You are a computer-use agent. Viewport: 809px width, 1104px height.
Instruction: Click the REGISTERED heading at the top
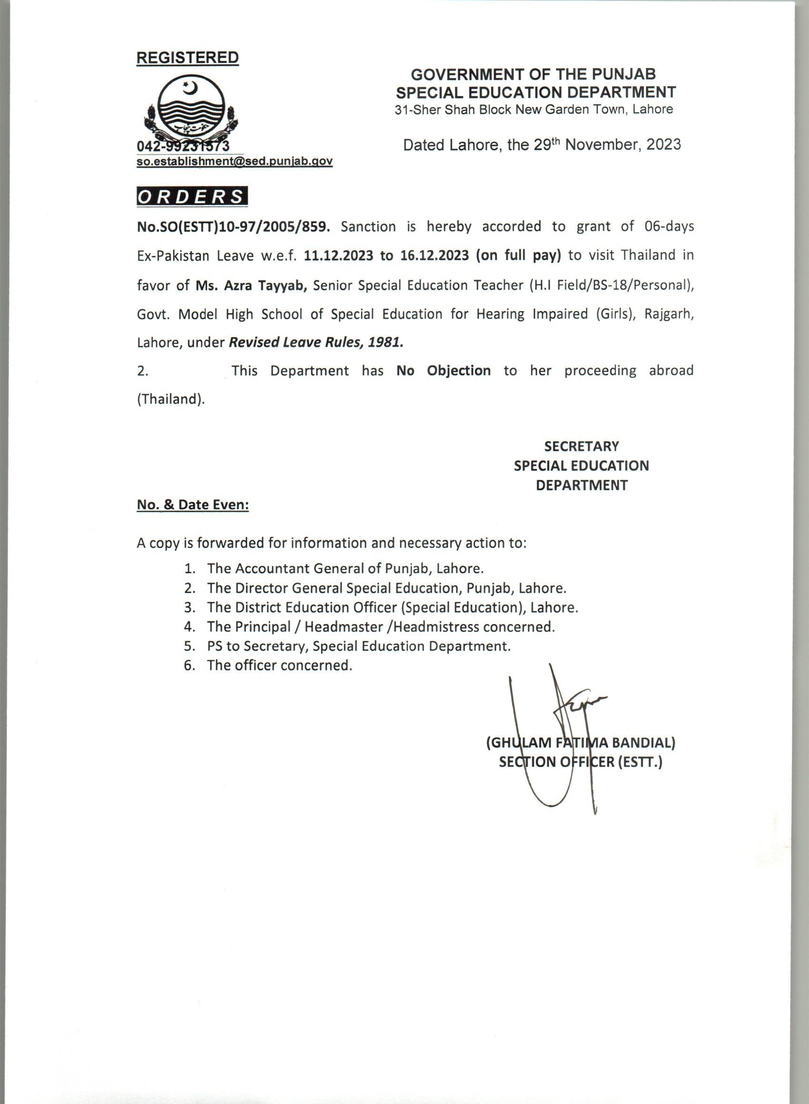click(x=187, y=58)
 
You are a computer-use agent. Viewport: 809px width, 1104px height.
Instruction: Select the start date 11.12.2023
click(x=338, y=255)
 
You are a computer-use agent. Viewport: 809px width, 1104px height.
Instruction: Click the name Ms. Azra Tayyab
click(x=252, y=285)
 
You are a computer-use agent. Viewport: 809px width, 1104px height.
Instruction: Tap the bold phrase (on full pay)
click(x=518, y=255)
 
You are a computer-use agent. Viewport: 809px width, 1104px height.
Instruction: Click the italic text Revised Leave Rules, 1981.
click(x=316, y=342)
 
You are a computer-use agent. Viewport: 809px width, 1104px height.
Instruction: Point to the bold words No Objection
click(x=444, y=371)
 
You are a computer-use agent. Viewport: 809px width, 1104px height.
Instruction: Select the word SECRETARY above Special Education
click(x=581, y=446)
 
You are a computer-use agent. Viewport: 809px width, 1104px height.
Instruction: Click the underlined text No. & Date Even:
click(x=193, y=505)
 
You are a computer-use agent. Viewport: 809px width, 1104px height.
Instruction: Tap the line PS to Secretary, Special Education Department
click(x=358, y=646)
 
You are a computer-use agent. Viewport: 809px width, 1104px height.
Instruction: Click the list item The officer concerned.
click(x=280, y=665)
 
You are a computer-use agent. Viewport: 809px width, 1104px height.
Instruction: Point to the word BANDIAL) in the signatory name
click(x=643, y=743)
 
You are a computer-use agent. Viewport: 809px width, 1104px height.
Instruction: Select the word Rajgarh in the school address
click(x=669, y=313)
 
